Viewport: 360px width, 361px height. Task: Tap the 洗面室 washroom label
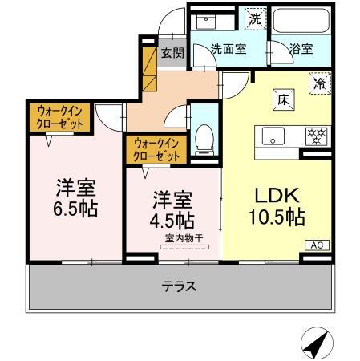point(229,48)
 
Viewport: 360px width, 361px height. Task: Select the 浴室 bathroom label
point(301,48)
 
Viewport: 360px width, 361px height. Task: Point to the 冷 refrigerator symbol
point(319,82)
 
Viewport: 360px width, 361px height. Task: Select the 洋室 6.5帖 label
point(75,199)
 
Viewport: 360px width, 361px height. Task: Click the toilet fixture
point(205,140)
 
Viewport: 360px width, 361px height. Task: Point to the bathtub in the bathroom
point(300,20)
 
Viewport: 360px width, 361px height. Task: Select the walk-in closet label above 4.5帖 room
point(155,148)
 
